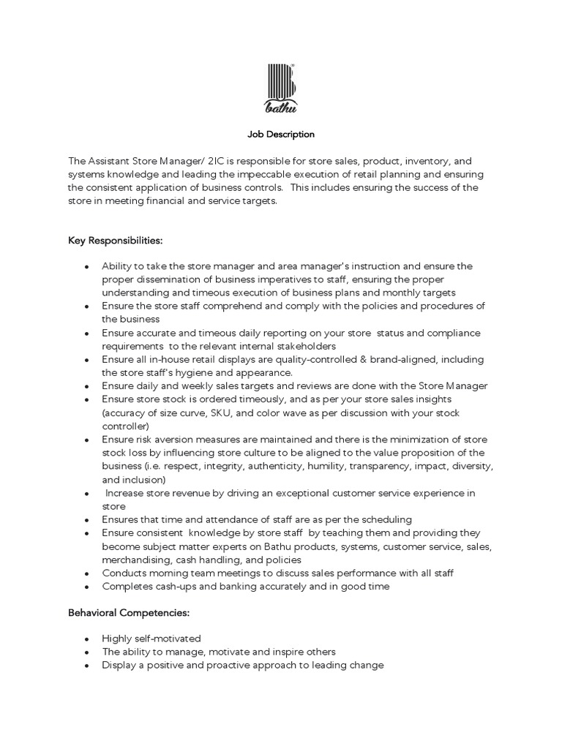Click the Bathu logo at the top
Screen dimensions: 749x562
pos(280,89)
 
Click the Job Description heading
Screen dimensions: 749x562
pos(280,135)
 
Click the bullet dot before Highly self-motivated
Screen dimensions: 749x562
pos(86,639)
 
